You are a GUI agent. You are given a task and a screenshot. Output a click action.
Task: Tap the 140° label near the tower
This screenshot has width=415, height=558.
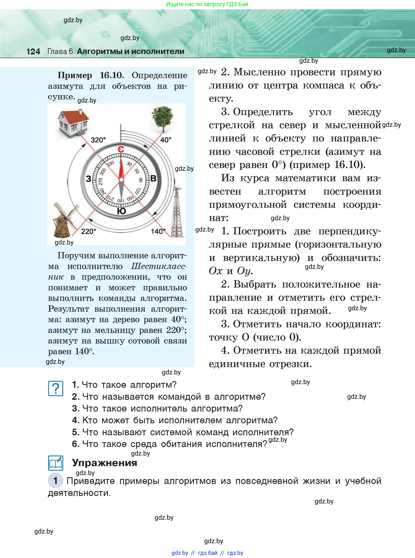click(158, 231)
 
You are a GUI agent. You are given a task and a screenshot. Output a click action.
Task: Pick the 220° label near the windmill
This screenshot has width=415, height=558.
click(88, 231)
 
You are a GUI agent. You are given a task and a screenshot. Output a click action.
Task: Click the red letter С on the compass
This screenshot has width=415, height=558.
click(121, 150)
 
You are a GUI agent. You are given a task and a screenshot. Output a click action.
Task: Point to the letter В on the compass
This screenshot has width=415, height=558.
click(153, 179)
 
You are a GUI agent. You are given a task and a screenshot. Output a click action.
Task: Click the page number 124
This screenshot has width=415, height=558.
click(33, 52)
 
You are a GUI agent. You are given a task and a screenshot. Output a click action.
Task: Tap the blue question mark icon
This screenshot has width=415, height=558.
click(55, 388)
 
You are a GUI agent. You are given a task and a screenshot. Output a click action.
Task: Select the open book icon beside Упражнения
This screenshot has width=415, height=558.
click(55, 463)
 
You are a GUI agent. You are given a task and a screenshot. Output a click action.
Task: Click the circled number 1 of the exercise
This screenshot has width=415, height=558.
click(55, 481)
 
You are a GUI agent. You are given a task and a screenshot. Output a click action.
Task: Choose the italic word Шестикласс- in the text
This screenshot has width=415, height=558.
click(159, 266)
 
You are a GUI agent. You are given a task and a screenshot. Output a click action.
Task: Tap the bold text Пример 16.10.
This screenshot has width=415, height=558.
click(90, 75)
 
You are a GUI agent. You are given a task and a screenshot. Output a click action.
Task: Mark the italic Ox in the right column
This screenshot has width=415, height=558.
click(216, 271)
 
